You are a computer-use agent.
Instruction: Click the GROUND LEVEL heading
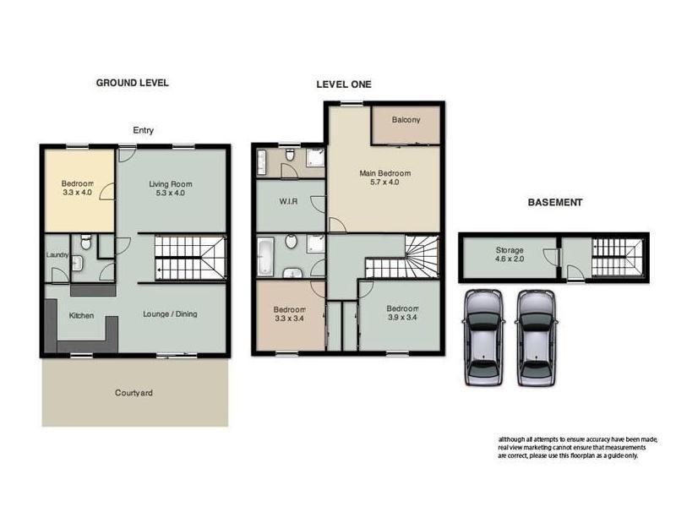132,83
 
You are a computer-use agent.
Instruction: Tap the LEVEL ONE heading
344,84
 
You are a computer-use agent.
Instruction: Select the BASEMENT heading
554,203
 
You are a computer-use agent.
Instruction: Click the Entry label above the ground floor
143,130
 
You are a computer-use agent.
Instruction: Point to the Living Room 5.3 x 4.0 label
172,188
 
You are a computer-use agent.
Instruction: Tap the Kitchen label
81,317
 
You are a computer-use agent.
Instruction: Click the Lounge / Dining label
170,314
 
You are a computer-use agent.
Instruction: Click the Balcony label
406,120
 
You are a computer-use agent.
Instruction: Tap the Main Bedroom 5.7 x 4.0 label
384,177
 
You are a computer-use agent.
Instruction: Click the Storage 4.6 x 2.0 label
509,255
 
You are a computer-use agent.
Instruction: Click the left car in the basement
483,336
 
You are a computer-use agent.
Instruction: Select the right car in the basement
537,336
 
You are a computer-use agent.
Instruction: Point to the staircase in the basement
617,256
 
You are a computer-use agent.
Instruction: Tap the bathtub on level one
264,256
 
